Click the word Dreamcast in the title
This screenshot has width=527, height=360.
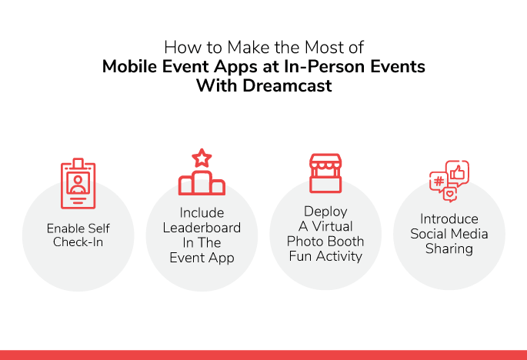coord(287,85)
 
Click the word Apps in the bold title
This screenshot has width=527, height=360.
coord(235,67)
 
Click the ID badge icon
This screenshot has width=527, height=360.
coord(78,184)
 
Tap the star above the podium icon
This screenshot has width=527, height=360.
coord(202,158)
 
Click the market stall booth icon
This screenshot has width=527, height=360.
coord(325,173)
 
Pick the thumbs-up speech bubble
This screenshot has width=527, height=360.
coord(458,173)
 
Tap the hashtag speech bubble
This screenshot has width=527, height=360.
coord(439,182)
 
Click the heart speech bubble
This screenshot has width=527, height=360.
coord(450,195)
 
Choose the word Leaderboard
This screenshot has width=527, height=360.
coord(202,228)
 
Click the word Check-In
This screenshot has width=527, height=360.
coord(78,242)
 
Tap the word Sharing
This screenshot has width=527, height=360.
coord(449,249)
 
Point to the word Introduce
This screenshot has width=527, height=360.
coord(449,218)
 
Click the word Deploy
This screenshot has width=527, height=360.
coord(325,212)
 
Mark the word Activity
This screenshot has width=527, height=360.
coord(339,257)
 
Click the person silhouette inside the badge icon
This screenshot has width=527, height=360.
coord(78,184)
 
